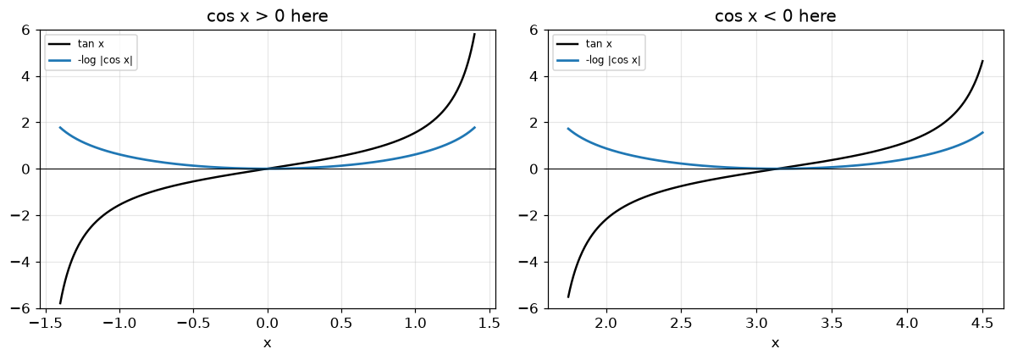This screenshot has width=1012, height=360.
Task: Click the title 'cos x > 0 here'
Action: tap(268, 16)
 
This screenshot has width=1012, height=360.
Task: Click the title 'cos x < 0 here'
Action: tap(775, 16)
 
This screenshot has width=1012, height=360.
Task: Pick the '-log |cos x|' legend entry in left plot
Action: tap(91, 61)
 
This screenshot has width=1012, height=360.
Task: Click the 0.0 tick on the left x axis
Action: tap(268, 322)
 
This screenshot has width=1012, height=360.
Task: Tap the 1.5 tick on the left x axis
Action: tap(489, 322)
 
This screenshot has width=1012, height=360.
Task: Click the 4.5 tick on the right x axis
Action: tap(982, 322)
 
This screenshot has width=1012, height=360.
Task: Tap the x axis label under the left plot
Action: tap(268, 342)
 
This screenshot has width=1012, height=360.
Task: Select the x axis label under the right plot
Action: tap(775, 342)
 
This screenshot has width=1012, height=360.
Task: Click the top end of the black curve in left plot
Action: tap(474, 34)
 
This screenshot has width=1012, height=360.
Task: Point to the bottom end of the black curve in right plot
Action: tap(568, 296)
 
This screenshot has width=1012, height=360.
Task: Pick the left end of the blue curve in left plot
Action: tap(60, 127)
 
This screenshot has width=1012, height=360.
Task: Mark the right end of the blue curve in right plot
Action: tap(982, 132)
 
